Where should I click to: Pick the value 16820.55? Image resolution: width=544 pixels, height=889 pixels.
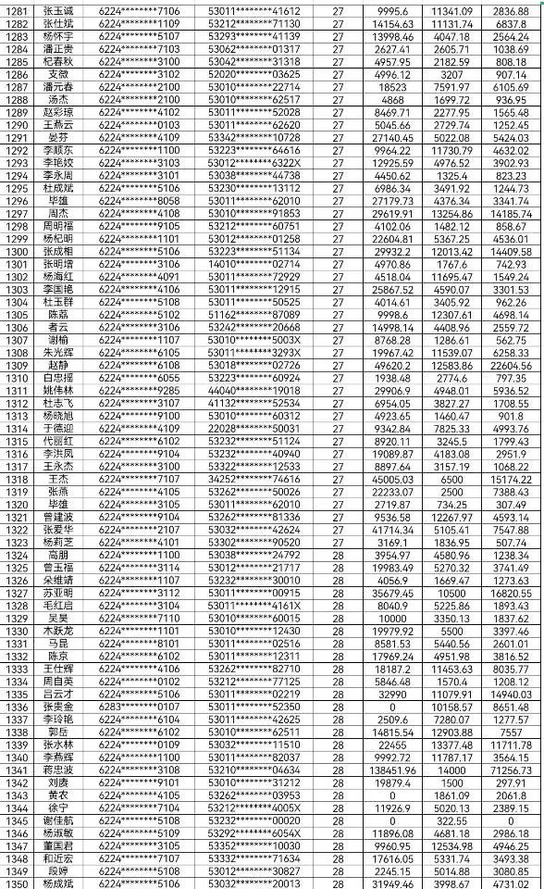pos(512,592)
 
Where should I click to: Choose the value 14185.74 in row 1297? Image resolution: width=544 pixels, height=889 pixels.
pos(512,213)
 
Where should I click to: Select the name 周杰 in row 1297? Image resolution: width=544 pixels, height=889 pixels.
pos(57,213)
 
